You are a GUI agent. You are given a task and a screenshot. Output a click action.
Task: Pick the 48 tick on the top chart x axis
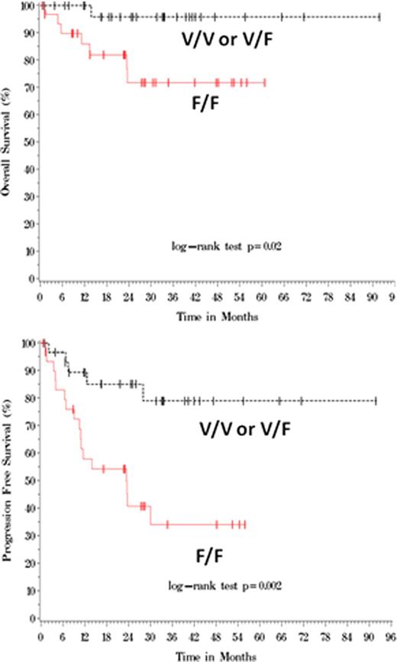(217, 295)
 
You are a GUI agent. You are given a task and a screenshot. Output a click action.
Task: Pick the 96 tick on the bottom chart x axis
(391, 635)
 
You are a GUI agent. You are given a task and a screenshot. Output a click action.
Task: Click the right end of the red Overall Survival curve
(265, 82)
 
